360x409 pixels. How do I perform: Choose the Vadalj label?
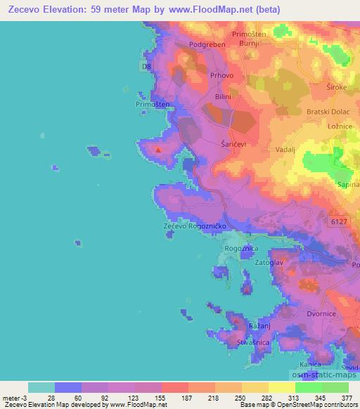[x=276, y=141]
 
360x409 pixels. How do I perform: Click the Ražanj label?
[x=257, y=328]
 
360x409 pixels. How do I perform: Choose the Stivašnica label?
[x=253, y=342]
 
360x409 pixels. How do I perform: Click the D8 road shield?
[x=146, y=67]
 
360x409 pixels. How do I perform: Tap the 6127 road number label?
[x=340, y=221]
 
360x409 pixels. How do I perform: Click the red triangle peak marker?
[x=159, y=149]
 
